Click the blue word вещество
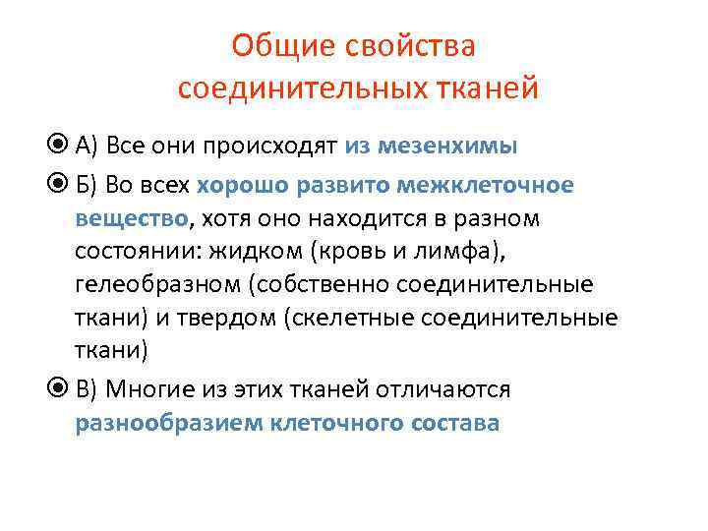tap(132, 217)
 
